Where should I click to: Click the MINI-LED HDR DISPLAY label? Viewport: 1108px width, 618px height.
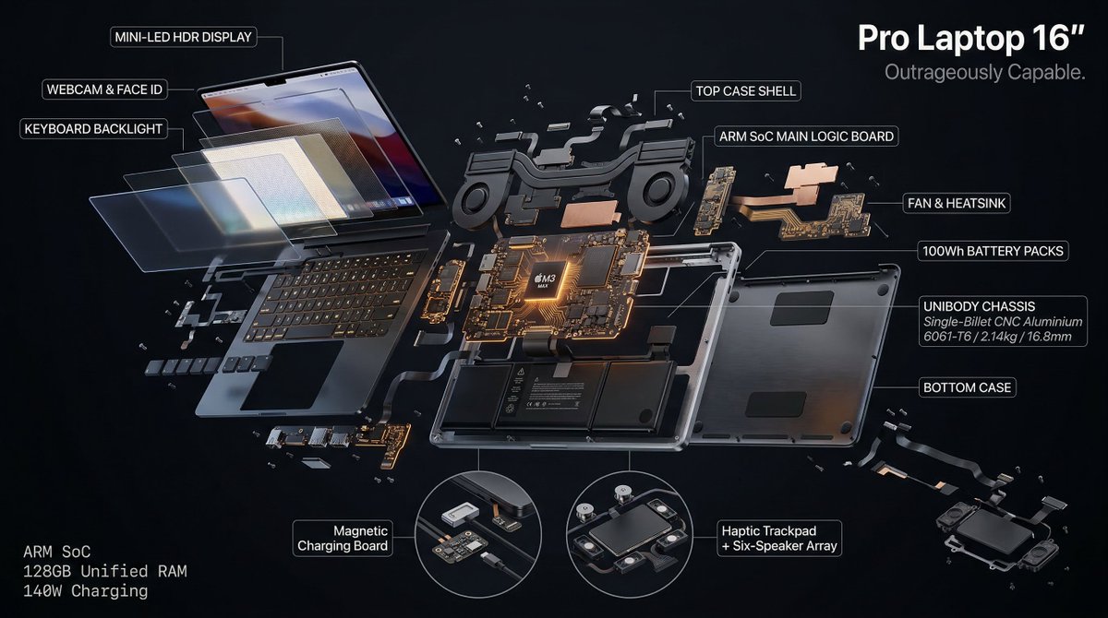[x=183, y=38]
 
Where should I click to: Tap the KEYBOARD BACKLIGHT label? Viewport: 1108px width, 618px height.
[x=93, y=129]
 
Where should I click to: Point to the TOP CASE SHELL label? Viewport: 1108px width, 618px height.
[x=744, y=91]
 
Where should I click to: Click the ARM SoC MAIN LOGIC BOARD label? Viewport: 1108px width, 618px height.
[x=807, y=137]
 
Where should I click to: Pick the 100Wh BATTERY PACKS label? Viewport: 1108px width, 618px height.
[x=994, y=251]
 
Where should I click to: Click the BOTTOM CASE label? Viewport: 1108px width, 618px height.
[x=968, y=388]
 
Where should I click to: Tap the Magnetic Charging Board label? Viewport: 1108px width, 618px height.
[x=343, y=538]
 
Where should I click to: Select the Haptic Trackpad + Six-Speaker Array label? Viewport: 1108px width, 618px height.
[x=778, y=538]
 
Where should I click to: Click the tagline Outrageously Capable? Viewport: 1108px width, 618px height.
[x=984, y=72]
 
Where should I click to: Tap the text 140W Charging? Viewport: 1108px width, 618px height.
[x=85, y=591]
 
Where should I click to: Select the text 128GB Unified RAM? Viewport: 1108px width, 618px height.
[x=104, y=572]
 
